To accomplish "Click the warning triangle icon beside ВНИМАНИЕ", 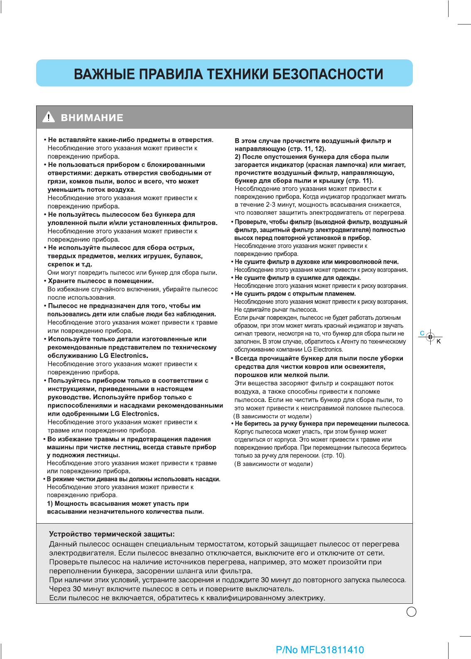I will (x=49, y=117).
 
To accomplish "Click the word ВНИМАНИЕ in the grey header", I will (x=92, y=118).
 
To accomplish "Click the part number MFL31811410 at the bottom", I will (x=332, y=650).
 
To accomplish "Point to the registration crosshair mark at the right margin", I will (x=430, y=337).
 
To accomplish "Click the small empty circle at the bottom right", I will (x=411, y=612).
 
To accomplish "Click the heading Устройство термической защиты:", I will (x=112, y=534).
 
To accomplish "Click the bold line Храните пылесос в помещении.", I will (x=101, y=281).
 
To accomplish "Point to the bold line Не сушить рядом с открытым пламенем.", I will (x=295, y=294).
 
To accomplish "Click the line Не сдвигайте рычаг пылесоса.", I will (x=276, y=309).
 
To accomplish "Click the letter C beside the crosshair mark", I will (x=422, y=333).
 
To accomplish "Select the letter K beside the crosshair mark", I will (x=439, y=341).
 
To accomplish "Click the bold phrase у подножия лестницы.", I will (x=83, y=455).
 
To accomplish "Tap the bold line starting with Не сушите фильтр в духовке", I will (x=316, y=262).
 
